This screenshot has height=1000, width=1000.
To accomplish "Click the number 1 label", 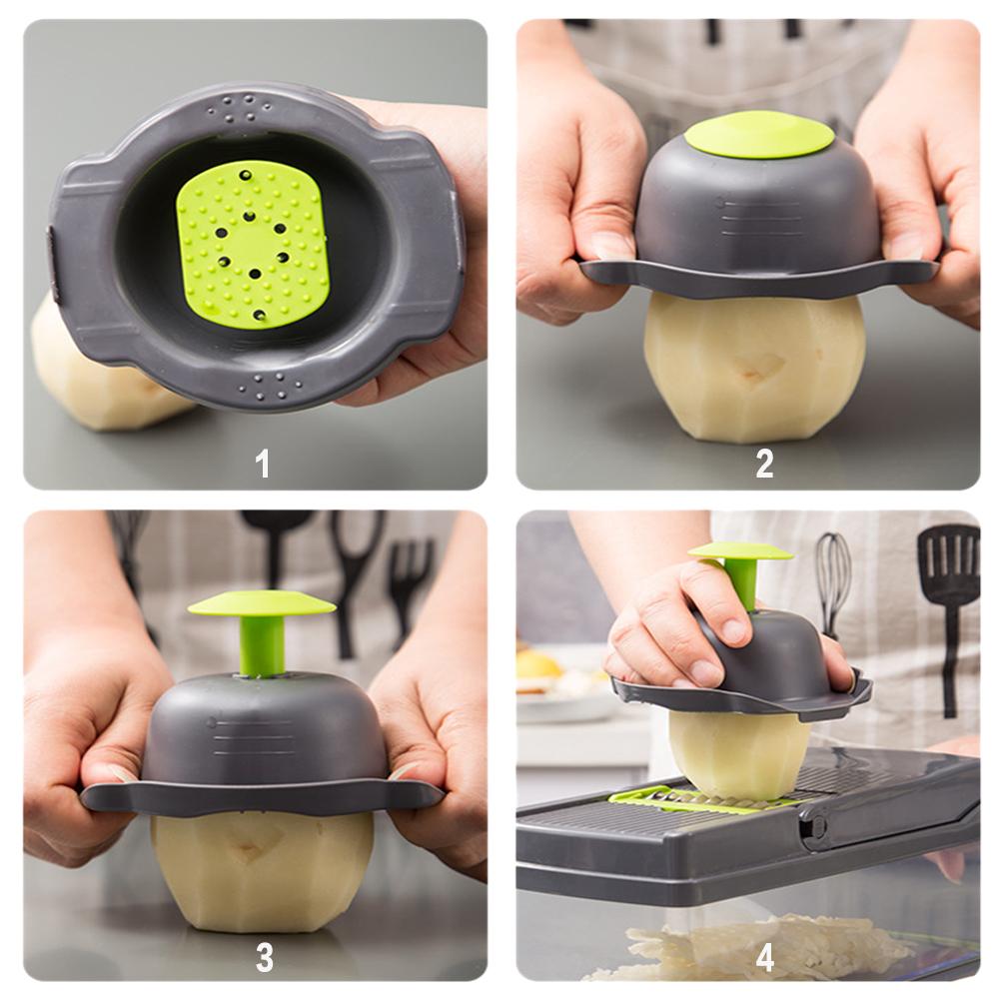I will click(263, 463).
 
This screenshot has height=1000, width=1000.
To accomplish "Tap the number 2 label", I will click(764, 463).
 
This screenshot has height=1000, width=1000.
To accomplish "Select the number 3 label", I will click(264, 956).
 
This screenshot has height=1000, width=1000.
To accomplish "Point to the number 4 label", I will click(764, 956).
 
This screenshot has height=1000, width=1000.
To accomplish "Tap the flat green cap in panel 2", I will click(759, 134).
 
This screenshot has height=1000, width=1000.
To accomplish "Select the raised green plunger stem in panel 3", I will click(262, 643).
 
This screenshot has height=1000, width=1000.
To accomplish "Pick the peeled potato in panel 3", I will click(262, 869).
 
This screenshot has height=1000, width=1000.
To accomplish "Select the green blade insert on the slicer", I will click(689, 798).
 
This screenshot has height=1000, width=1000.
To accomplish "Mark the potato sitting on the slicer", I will click(739, 754).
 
